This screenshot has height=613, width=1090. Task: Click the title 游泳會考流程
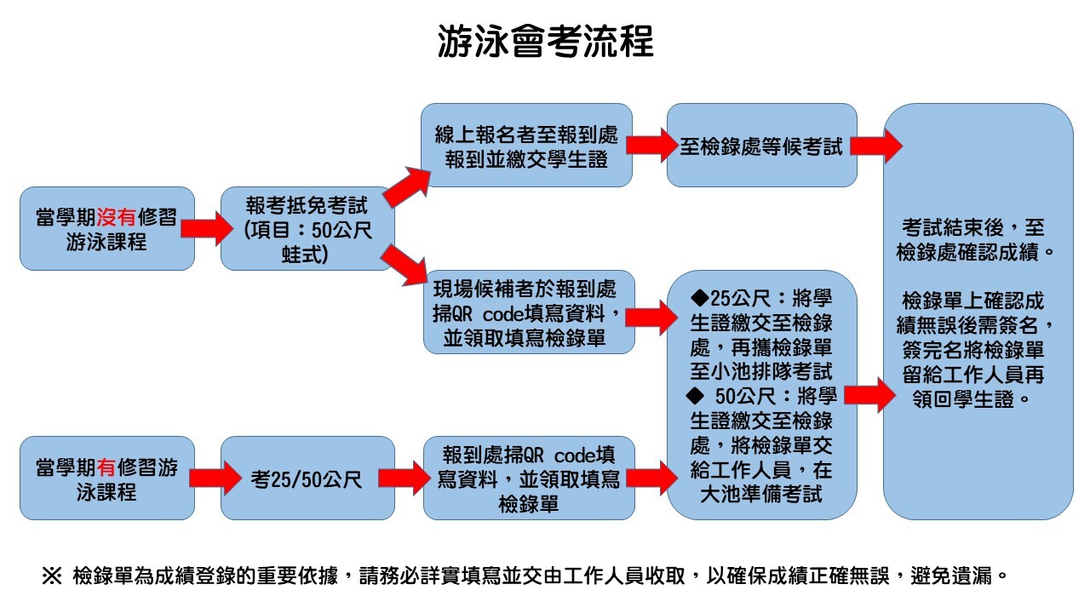click(x=545, y=40)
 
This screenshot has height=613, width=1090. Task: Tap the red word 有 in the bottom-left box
click(x=107, y=467)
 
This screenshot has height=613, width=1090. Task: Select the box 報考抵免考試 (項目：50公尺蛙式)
click(x=307, y=229)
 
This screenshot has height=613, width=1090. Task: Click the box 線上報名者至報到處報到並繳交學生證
click(x=528, y=146)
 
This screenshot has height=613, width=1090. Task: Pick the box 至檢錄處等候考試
click(x=761, y=146)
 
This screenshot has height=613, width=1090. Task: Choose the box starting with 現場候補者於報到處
click(x=528, y=312)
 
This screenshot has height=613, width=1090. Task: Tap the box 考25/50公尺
click(x=307, y=478)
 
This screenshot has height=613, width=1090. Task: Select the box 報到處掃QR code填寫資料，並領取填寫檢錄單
click(x=528, y=478)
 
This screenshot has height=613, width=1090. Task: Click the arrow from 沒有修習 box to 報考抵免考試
click(x=207, y=228)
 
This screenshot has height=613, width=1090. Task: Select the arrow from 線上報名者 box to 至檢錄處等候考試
click(x=650, y=146)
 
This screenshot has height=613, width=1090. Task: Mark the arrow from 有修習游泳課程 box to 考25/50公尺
click(x=207, y=478)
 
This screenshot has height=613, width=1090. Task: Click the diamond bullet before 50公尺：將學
click(x=697, y=396)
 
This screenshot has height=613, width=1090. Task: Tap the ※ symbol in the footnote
click(x=52, y=576)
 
